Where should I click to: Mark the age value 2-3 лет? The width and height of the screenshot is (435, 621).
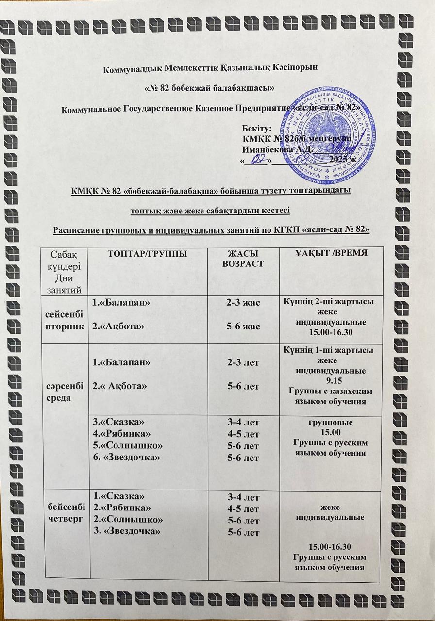tap(242, 362)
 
